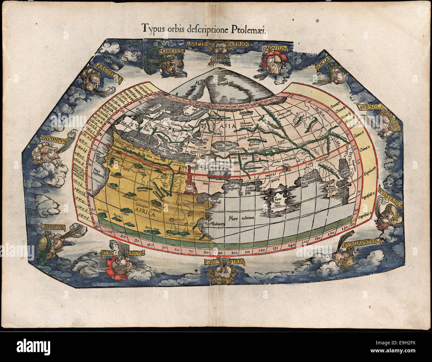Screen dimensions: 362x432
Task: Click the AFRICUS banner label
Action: (x=52, y=227)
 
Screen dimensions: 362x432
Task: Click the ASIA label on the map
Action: (x=228, y=126)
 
